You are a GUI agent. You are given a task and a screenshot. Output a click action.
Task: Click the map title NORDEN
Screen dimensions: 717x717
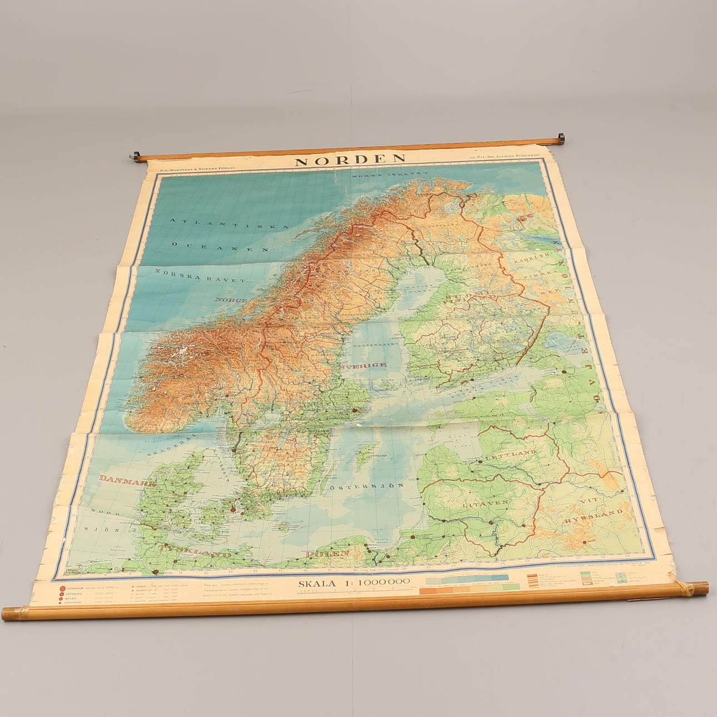[351, 160]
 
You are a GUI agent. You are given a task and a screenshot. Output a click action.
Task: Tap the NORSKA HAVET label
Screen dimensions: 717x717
[200, 275]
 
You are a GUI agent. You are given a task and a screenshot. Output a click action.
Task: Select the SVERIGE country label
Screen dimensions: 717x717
[364, 365]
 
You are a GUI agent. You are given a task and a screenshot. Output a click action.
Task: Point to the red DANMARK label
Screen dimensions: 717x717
[127, 481]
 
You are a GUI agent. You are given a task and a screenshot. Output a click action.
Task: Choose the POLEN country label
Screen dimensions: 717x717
[327, 554]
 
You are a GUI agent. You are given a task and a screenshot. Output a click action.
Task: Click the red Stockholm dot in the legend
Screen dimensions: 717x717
[61, 589]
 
